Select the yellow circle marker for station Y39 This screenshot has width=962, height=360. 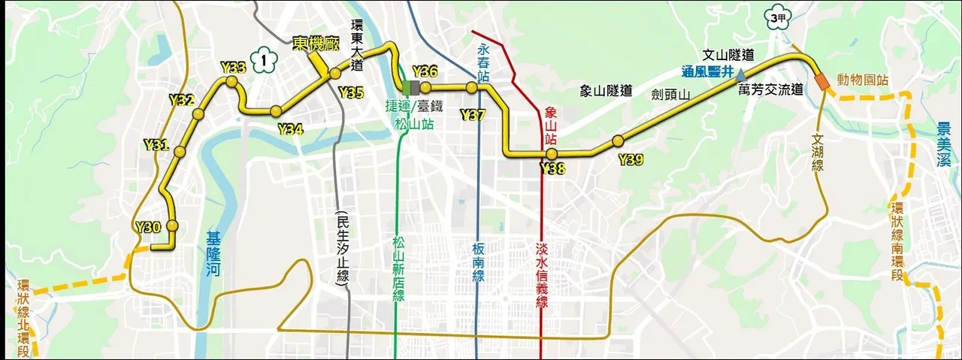pos(618,141)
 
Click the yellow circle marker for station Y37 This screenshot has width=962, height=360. pos(471,88)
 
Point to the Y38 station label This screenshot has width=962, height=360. pos(552,169)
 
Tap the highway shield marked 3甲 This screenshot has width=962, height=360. pos(776,17)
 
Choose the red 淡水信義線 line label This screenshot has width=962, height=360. pos(541,274)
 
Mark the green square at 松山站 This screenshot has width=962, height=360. pos(407,88)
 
